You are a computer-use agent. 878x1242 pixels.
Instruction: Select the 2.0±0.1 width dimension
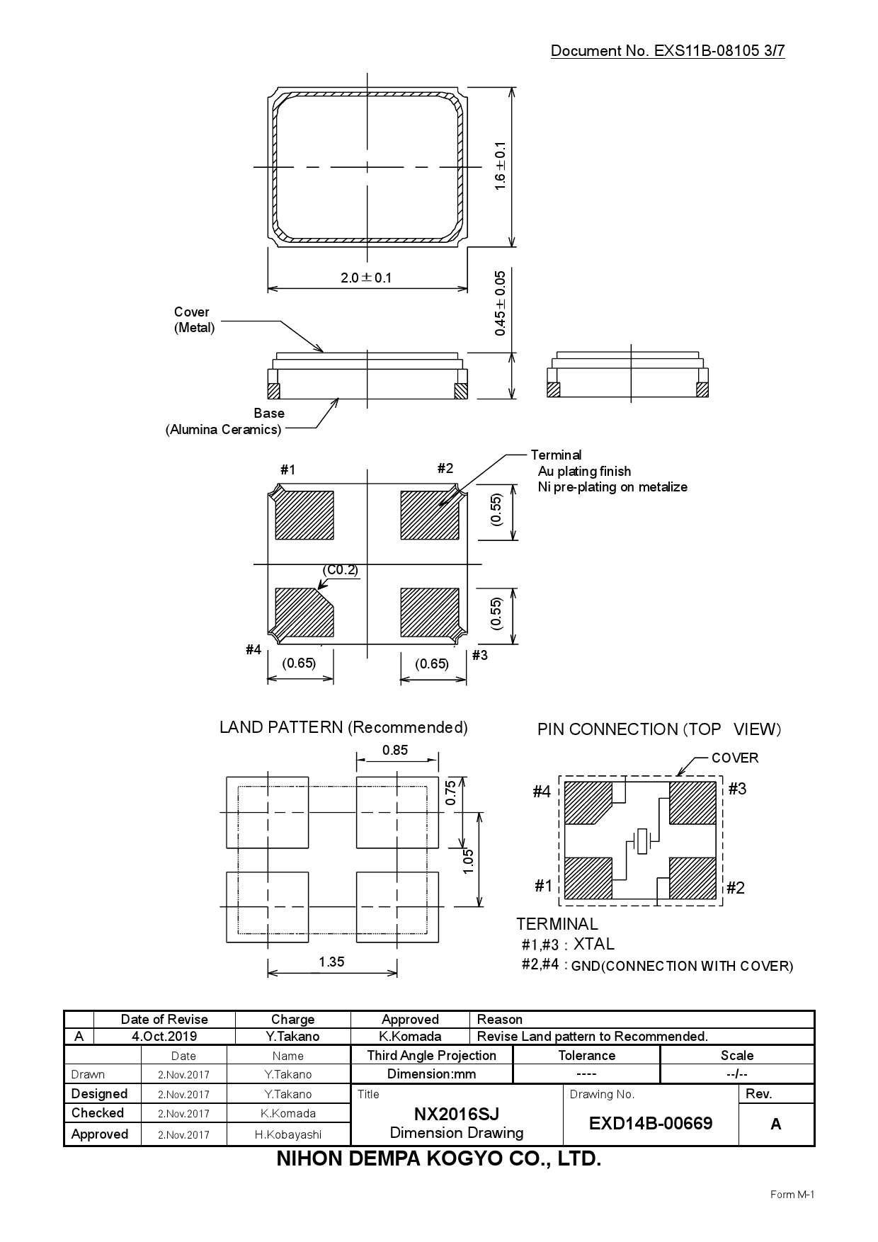point(366,278)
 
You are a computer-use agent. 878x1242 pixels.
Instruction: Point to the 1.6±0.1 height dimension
point(501,166)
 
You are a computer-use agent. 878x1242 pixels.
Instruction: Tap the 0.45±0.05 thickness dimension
point(501,303)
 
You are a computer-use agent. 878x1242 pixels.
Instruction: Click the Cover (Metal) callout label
point(193,320)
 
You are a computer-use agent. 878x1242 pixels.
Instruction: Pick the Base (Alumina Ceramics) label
point(224,422)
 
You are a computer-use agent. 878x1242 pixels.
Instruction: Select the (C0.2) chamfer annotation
point(340,570)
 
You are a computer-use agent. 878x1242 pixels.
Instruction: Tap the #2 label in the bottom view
point(445,468)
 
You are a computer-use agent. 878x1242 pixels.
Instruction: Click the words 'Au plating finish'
point(584,472)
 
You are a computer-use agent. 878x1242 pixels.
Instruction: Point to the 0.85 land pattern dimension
point(394,751)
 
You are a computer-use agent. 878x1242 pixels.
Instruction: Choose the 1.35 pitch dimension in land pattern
point(331,962)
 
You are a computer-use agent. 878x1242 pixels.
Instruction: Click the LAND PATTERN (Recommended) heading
point(343,727)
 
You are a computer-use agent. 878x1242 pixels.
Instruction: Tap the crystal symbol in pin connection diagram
point(643,841)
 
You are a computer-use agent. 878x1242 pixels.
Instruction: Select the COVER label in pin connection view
point(734,758)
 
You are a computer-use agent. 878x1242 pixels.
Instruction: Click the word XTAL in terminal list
point(593,944)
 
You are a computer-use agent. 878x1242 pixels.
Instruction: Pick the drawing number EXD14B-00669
point(650,1124)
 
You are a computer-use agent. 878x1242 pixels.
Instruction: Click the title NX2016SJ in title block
point(456,1115)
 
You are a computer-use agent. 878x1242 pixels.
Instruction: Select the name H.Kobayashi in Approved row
point(287,1134)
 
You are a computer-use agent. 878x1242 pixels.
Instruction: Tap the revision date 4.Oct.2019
point(164,1037)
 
